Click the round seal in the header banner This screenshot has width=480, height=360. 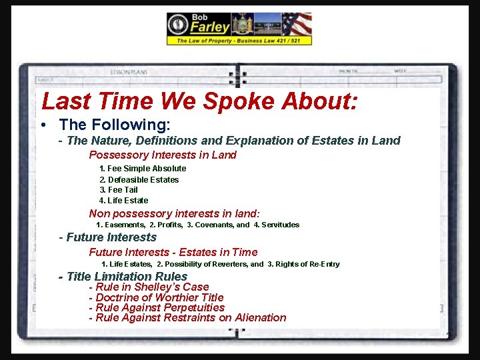(178, 25)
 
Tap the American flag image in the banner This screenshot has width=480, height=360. (297, 24)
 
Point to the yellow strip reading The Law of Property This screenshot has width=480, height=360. (239, 41)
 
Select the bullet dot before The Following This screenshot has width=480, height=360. (43, 125)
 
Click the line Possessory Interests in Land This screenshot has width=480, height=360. (163, 155)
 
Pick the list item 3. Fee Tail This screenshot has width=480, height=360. (119, 190)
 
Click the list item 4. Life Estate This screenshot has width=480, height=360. (124, 201)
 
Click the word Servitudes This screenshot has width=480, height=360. (281, 225)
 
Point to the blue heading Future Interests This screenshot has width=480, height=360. (111, 237)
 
